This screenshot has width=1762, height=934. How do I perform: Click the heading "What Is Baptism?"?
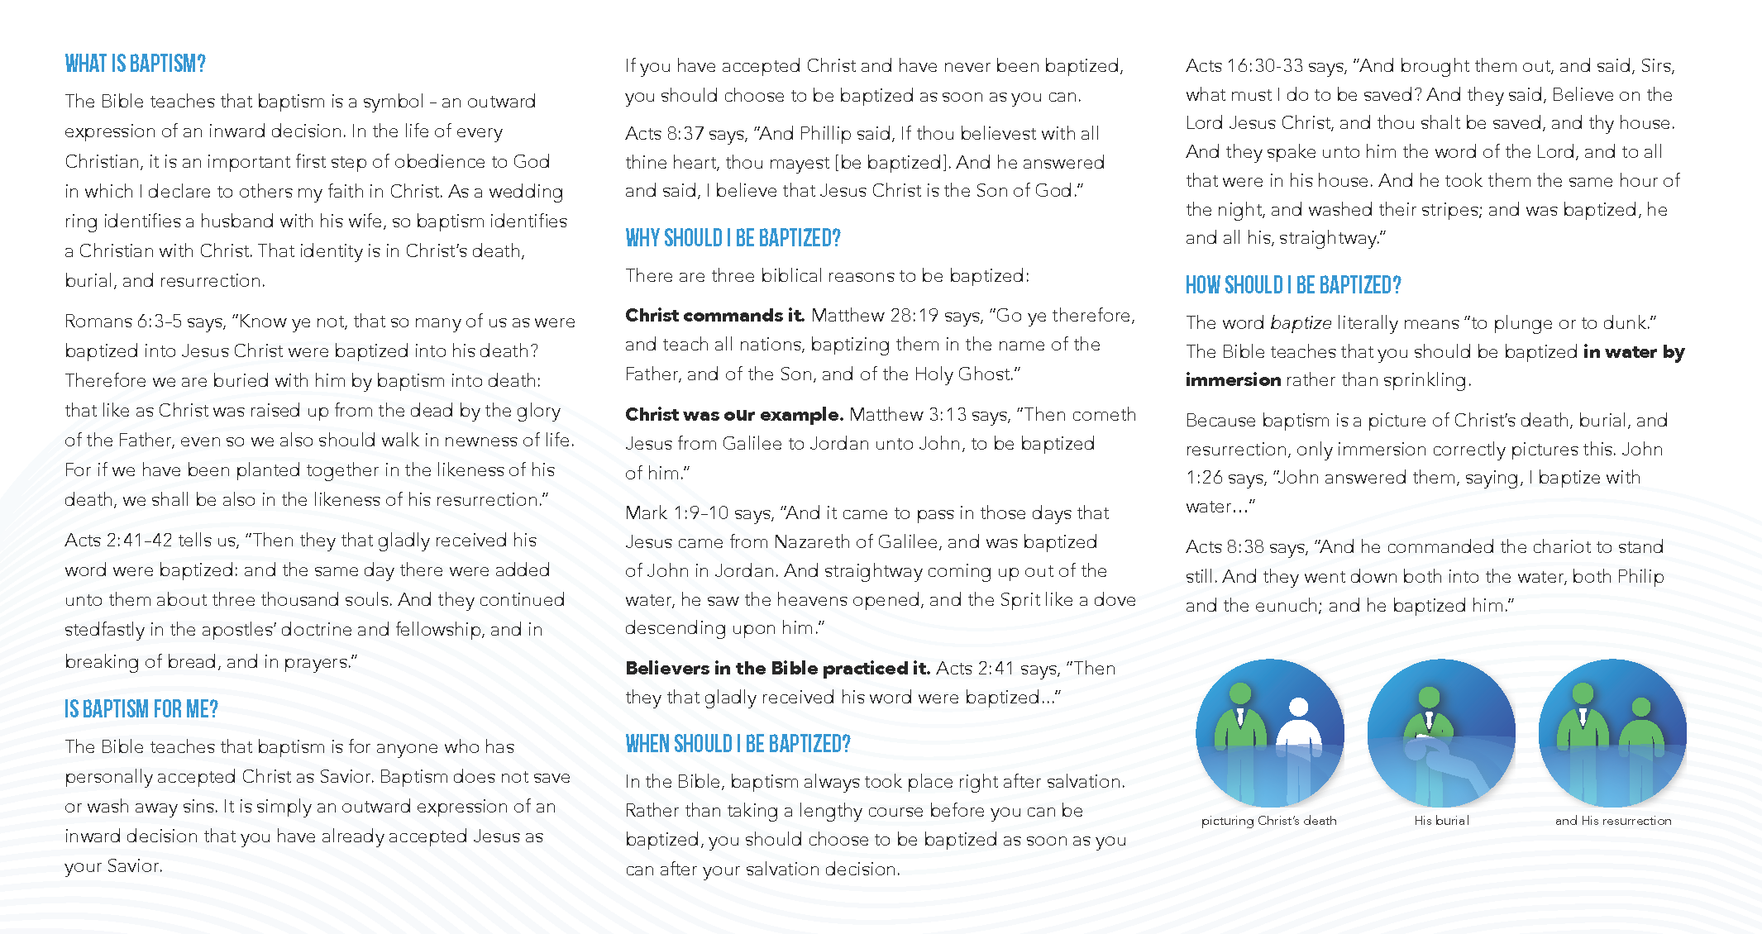(x=136, y=64)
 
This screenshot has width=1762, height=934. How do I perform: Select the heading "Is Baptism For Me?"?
(x=141, y=709)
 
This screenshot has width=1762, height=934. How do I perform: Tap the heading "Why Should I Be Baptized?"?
(x=733, y=238)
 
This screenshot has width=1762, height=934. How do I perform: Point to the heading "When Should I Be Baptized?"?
(x=738, y=744)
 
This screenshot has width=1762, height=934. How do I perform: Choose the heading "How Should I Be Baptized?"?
(x=1293, y=285)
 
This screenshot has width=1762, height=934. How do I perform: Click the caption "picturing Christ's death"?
(x=1268, y=821)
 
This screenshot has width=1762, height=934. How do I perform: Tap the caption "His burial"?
(x=1441, y=821)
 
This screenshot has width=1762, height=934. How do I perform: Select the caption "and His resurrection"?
(x=1612, y=821)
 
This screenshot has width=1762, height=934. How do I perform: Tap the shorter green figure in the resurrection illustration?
(x=1640, y=727)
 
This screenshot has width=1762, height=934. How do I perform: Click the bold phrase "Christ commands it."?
(x=714, y=315)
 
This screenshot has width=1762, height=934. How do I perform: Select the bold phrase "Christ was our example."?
(x=733, y=414)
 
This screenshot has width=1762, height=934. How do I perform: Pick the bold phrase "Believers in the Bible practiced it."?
(x=777, y=668)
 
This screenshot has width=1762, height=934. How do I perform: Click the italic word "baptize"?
(x=1301, y=322)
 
